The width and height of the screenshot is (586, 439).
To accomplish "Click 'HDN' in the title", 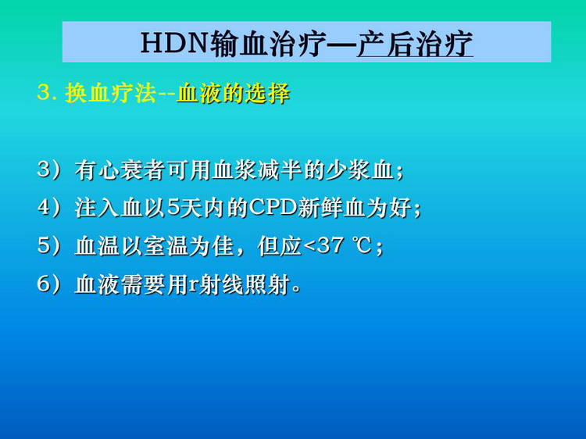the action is click(x=174, y=43).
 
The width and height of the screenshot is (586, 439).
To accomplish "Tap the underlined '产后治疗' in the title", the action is click(x=415, y=44).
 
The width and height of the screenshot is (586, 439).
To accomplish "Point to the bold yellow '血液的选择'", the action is click(x=233, y=93).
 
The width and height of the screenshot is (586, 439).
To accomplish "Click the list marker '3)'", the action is click(x=48, y=170).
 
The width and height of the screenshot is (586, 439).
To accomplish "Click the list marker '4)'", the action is click(x=48, y=207).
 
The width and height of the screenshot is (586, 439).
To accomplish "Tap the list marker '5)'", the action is click(x=48, y=246).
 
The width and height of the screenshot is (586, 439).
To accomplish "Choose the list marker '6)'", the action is click(x=48, y=284).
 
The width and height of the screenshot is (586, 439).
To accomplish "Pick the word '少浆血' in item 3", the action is click(x=359, y=170).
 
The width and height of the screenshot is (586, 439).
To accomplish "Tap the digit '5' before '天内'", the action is click(x=173, y=207).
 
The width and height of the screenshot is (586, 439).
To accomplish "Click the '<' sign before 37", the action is click(x=309, y=247).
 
